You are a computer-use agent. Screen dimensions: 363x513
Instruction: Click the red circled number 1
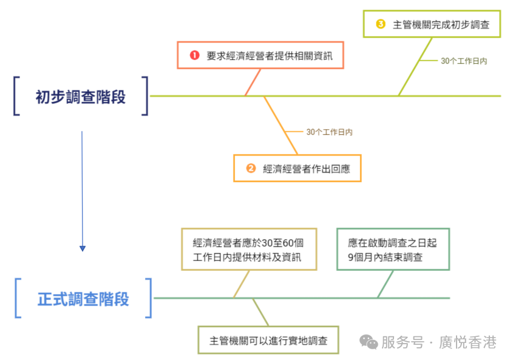[194, 55]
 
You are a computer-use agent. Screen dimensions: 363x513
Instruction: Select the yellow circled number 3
[381, 24]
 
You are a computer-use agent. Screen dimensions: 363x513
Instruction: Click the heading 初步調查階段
[81, 97]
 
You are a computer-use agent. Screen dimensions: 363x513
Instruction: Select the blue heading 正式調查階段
[83, 299]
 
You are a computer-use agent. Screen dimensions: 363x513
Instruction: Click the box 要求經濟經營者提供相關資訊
[260, 55]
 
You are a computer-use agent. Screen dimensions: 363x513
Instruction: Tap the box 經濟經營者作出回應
[297, 169]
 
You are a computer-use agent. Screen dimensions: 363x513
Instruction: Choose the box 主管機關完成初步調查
[432, 24]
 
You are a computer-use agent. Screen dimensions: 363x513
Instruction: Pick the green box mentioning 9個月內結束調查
[393, 249]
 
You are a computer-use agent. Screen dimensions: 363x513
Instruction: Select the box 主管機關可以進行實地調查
[268, 341]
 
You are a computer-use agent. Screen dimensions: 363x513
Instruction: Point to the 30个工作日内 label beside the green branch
[464, 61]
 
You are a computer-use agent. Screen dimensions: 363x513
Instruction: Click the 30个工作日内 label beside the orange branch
[329, 132]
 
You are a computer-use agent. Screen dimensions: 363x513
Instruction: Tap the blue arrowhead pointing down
[83, 248]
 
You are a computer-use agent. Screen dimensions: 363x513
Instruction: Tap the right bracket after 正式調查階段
[148, 298]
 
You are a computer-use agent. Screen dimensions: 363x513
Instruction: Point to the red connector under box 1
[253, 82]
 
